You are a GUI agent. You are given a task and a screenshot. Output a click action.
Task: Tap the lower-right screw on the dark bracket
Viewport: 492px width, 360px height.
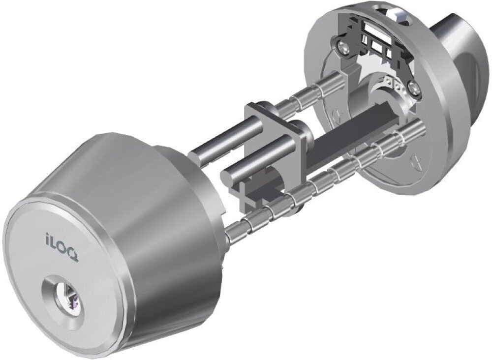[414, 88]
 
